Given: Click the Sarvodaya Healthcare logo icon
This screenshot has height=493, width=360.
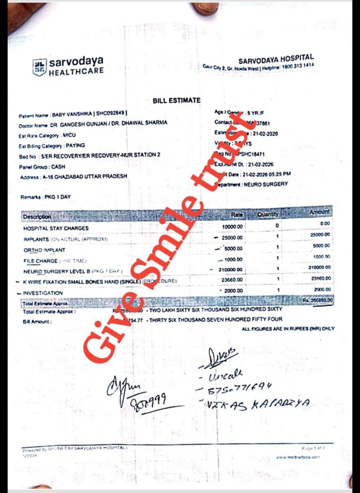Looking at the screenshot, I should [x=39, y=67].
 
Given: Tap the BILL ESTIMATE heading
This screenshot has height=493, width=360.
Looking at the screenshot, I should [x=176, y=100].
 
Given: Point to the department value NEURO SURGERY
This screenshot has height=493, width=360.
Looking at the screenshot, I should [x=267, y=185].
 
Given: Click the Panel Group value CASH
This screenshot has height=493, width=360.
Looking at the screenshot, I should [x=59, y=167].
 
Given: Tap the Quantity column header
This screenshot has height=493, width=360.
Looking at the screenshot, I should [x=268, y=214].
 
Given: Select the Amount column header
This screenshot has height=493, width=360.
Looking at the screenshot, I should [x=319, y=212].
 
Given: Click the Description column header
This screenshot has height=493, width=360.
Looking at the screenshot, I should [x=37, y=217].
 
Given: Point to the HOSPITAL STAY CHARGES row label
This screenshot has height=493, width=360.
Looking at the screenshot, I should [x=56, y=228].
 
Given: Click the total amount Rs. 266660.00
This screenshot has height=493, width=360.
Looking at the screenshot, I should [x=317, y=300].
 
